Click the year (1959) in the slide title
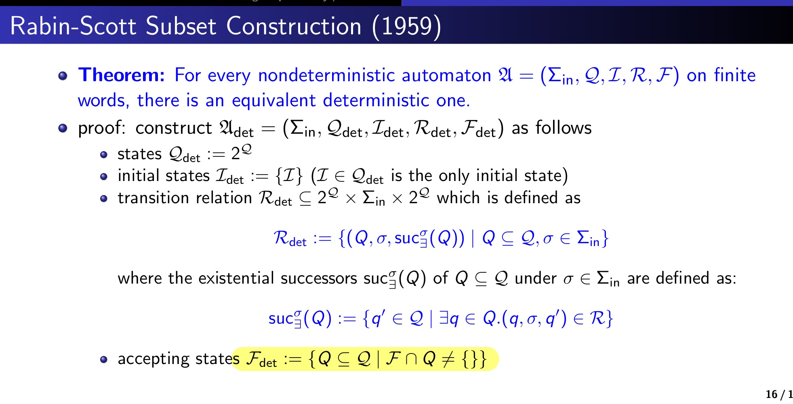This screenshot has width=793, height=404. (x=407, y=27)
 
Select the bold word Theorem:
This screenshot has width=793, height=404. (x=122, y=75)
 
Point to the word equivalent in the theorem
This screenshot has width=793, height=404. (x=273, y=100)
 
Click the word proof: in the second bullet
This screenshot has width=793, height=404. (x=102, y=128)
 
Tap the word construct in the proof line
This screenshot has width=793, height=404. (x=174, y=128)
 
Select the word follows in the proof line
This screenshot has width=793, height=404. (x=564, y=128)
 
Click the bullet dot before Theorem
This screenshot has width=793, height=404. (x=63, y=76)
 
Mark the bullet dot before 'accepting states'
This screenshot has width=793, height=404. (x=104, y=360)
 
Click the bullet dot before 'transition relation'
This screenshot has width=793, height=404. (x=104, y=199)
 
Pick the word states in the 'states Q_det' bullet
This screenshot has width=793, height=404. (x=140, y=154)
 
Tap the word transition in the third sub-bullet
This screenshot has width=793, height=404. (x=153, y=198)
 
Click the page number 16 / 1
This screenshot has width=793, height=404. (x=779, y=394)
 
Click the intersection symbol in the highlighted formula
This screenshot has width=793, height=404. (x=411, y=359)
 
